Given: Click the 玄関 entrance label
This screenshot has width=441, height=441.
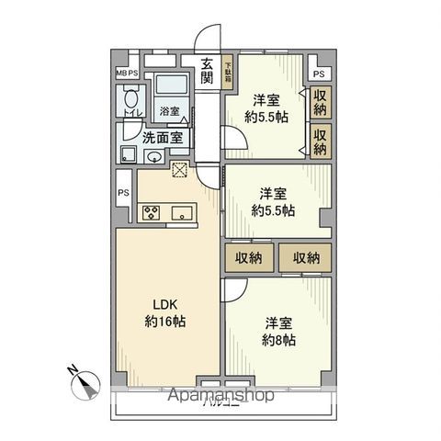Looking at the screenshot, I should [207, 71].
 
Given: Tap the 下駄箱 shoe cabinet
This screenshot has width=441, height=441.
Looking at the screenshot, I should [229, 72].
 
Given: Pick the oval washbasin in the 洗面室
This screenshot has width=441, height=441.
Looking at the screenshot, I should [155, 157].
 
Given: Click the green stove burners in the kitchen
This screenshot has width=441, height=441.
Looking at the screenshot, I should [152, 213].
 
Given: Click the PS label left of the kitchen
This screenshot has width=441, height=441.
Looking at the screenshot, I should [122, 194].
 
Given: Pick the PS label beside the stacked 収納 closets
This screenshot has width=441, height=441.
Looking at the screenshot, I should [319, 73].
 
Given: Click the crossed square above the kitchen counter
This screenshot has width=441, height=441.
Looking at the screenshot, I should [179, 169].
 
